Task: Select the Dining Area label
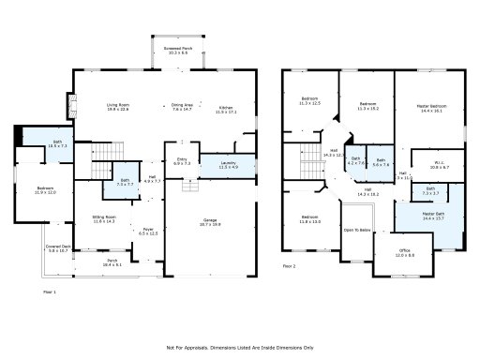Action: (181, 108)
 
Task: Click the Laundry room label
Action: (228, 164)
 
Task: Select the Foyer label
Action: (147, 231)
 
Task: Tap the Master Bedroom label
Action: (431, 107)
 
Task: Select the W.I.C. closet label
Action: (440, 165)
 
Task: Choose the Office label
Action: (404, 252)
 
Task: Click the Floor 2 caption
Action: (289, 266)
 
